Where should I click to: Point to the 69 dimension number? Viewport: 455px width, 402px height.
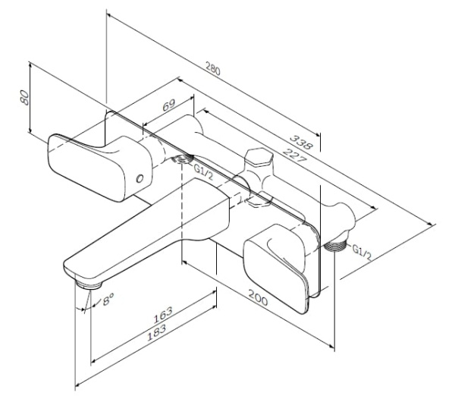click(168, 106)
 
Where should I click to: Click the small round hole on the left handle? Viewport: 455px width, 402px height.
click(138, 178)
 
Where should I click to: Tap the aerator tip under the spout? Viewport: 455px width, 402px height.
click(89, 285)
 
